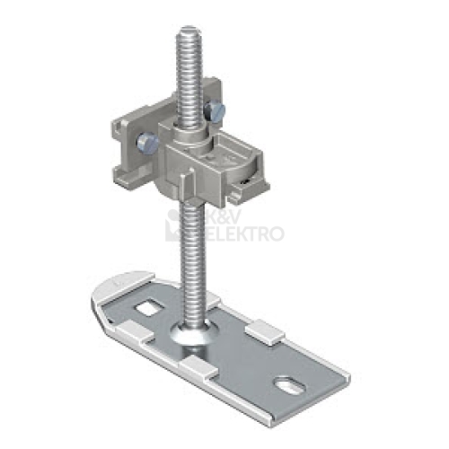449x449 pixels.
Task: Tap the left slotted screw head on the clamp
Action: pyautogui.click(x=147, y=143)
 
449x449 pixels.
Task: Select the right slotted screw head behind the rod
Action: pyautogui.click(x=215, y=111)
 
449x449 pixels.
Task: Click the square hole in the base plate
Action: pyautogui.click(x=149, y=308)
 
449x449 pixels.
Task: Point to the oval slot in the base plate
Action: pyautogui.click(x=290, y=385)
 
